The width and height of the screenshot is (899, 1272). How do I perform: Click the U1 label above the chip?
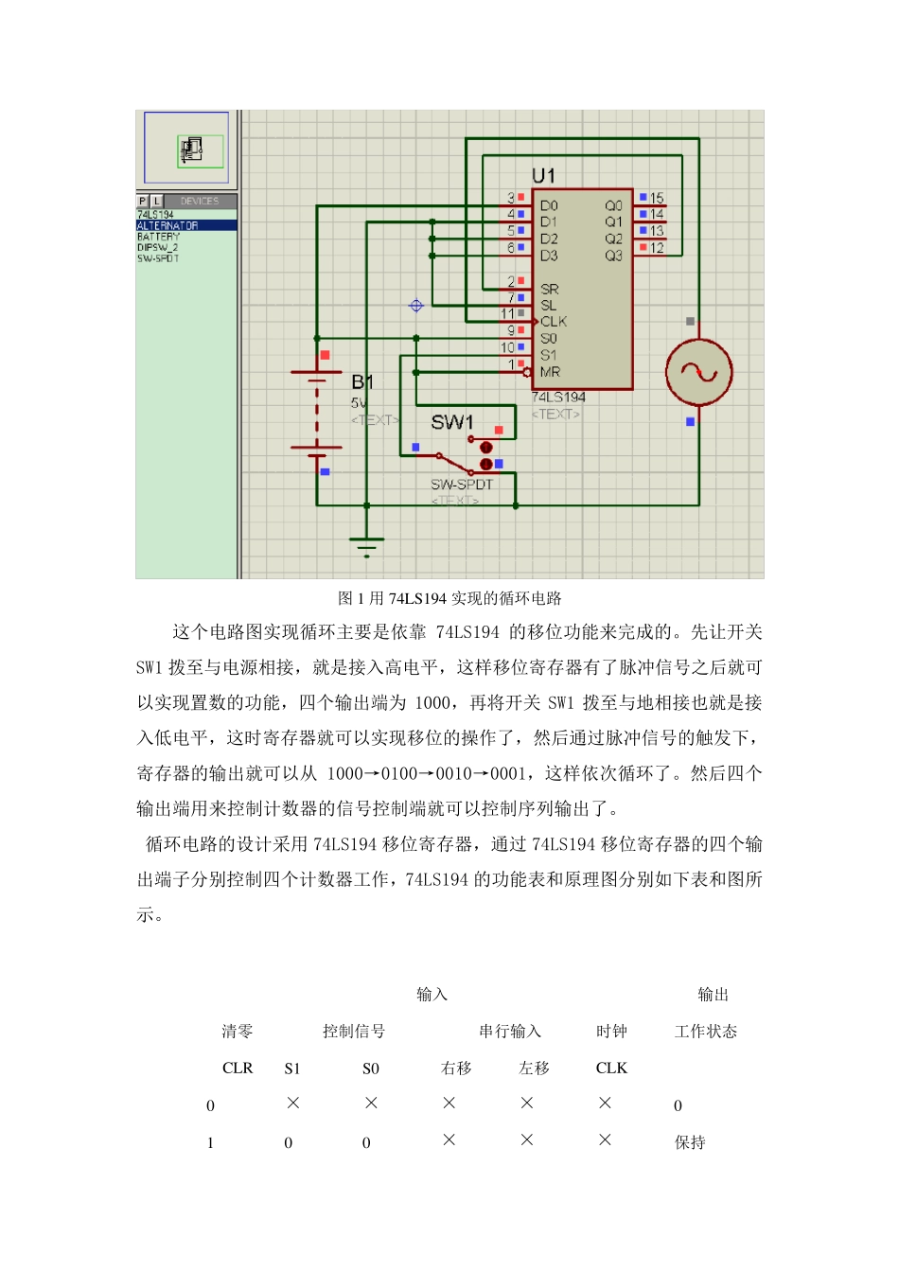pos(543,176)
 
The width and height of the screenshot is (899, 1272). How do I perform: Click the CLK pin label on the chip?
pos(554,322)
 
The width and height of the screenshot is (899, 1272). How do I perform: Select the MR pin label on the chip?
pos(550,372)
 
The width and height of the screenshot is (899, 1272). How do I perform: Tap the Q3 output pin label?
pos(613,256)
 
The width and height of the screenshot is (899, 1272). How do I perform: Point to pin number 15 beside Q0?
pos(657,199)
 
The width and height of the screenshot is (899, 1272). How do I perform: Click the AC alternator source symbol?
pos(698,372)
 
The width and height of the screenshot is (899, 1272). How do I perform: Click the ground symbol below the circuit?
pos(366,545)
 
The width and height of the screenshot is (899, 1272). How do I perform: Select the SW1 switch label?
pos(451,422)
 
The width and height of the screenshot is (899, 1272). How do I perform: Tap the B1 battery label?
pos(362,382)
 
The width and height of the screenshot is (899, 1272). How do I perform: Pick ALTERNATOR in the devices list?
pos(168,226)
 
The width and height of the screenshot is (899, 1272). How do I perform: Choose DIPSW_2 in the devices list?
pos(158,248)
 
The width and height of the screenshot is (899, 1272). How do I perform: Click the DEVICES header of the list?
pos(199,201)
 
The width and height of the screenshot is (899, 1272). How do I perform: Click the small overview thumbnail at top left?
pos(186,148)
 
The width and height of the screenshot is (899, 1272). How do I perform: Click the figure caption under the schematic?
pos(449,598)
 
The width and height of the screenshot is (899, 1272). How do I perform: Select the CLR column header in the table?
pos(238,1069)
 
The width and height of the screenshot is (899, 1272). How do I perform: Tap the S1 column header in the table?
pos(292,1069)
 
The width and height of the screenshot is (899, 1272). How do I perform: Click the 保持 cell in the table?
pos(690,1142)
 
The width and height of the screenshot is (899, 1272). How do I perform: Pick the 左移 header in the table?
pos(535,1069)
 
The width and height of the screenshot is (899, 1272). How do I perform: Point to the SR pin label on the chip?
pos(549,289)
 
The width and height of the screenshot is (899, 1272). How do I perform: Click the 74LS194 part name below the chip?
pos(558,397)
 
